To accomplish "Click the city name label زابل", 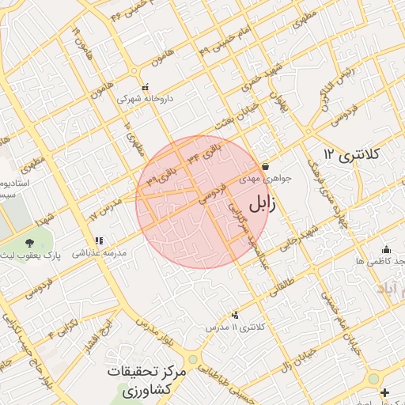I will tap(263, 203).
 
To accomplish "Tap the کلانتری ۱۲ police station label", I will tap(351, 152).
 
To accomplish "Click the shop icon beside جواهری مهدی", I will tap(264, 167).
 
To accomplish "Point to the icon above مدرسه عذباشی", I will tap(99, 240).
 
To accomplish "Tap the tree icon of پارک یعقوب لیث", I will tap(30, 243).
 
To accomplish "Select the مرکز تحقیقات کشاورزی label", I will tap(148, 380).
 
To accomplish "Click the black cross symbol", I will tap(384, 393).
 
